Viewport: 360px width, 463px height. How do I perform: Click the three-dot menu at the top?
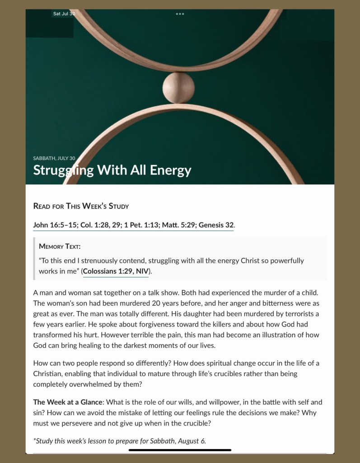pyautogui.click(x=180, y=14)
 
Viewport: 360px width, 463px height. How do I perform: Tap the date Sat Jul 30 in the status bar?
pyautogui.click(x=64, y=14)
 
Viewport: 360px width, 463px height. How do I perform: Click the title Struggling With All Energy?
pyautogui.click(x=112, y=170)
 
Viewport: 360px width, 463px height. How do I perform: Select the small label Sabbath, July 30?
pyautogui.click(x=54, y=158)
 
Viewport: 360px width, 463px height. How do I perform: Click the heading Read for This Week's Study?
pyautogui.click(x=81, y=206)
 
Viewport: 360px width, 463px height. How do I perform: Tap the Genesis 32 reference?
pyautogui.click(x=216, y=225)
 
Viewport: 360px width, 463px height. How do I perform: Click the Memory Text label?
pyautogui.click(x=60, y=246)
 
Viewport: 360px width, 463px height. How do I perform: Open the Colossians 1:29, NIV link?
pyautogui.click(x=116, y=271)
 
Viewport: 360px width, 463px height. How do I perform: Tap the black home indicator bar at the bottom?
pyautogui.click(x=180, y=450)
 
